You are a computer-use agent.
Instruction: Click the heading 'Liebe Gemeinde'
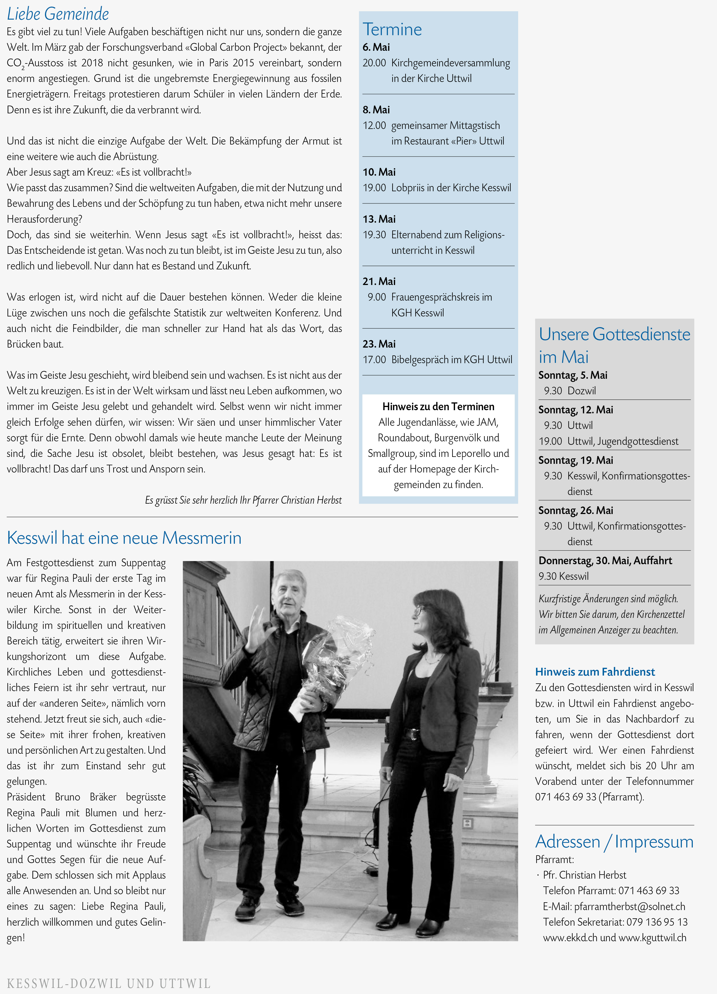58,14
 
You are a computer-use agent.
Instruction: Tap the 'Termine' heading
392,29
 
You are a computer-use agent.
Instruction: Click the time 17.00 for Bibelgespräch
374,359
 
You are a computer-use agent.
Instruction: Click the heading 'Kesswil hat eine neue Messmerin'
124,538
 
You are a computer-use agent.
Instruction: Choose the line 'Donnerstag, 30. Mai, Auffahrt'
605,560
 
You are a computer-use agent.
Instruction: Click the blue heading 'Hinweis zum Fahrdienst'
595,672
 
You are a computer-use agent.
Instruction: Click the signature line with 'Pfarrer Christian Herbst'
243,500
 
